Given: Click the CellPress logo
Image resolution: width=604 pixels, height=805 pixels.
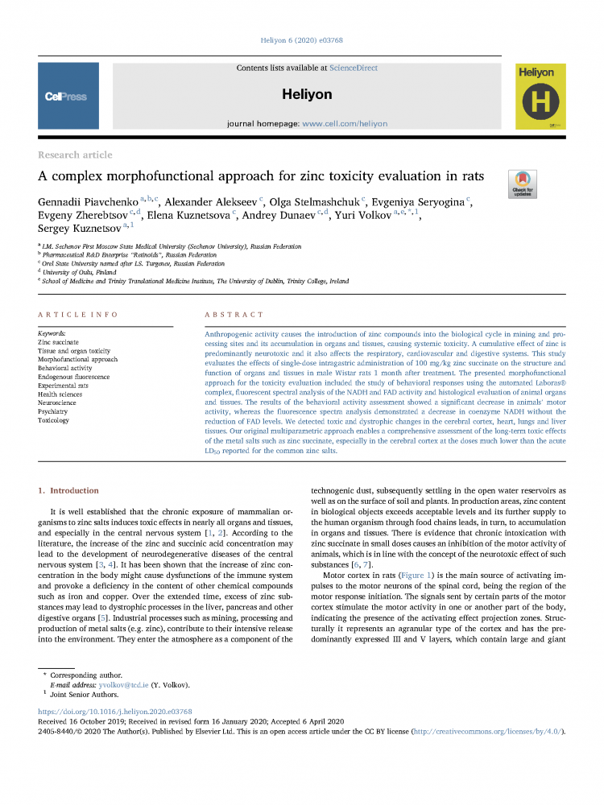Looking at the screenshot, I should coord(66,97).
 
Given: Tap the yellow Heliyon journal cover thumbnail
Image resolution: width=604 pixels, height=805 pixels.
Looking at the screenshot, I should coord(536,97).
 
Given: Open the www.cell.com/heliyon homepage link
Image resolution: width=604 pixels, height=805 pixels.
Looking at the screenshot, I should coord(345,124).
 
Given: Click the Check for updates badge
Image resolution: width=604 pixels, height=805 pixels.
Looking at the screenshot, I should coord(523,184).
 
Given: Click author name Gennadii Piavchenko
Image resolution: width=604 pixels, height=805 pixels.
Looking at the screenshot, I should coord(89,200).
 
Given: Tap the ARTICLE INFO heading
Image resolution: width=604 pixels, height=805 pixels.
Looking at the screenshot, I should coord(77,314).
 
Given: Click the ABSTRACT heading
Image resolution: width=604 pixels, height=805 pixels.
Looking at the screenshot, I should coord(234,314).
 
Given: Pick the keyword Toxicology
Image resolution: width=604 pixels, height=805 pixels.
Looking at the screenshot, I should coord(54,420).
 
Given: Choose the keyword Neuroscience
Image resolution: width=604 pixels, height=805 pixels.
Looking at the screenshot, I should coord(57,402).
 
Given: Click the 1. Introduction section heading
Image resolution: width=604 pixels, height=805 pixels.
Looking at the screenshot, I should coord(68,490).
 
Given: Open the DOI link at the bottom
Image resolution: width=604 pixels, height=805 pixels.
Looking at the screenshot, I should coord(115,712).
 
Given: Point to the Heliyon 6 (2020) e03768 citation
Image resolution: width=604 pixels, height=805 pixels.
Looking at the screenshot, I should coord(301,40).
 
